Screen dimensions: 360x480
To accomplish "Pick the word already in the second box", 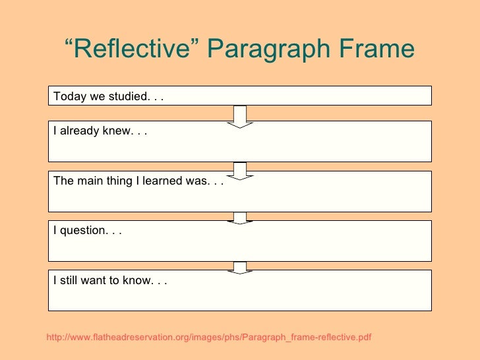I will point(78,131).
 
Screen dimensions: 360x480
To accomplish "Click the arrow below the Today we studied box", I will point(240,116).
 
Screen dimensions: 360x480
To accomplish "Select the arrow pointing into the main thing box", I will point(240,171).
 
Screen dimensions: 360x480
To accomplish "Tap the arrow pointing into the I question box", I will point(240,218).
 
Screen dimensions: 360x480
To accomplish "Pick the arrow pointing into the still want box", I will point(240,267).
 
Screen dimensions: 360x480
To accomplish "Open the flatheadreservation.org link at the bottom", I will point(209,338).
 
